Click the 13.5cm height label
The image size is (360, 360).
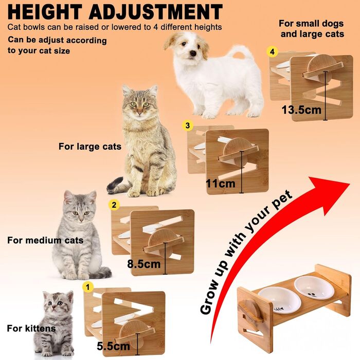[x=301, y=110]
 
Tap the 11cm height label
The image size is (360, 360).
[x=221, y=184]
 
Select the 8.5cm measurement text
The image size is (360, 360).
[x=144, y=264]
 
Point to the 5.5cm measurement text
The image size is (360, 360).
[x=114, y=346]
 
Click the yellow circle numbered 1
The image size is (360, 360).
[x=88, y=287]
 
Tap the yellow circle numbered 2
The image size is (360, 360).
[x=114, y=204]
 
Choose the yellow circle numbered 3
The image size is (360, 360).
[x=188, y=125]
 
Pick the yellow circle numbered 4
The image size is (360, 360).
[x=272, y=51]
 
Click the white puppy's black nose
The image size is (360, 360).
[x=193, y=53]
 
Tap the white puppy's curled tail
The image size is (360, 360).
[x=241, y=51]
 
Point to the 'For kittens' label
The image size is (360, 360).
[x=31, y=328]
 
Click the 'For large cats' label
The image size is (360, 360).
[x=90, y=147]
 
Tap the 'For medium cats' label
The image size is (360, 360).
[x=45, y=240]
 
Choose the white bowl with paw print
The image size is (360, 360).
[x=314, y=287]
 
